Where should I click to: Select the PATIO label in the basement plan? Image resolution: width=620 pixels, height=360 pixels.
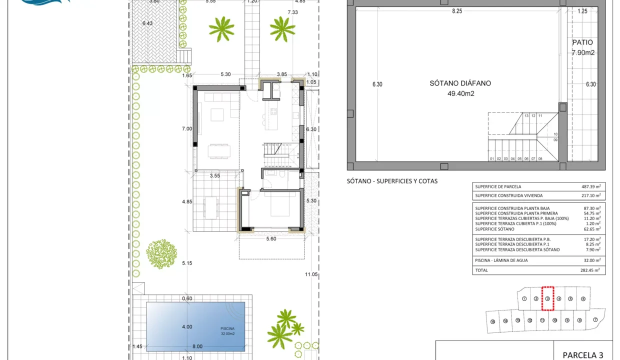pyautogui.click(x=582, y=43)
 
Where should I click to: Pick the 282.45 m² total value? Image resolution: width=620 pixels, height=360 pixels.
pyautogui.click(x=590, y=270)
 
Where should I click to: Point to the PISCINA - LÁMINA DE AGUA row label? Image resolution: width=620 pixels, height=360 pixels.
pyautogui.click(x=501, y=260)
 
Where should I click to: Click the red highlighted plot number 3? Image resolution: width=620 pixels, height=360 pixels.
pyautogui.click(x=547, y=299)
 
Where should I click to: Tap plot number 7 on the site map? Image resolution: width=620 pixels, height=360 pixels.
pyautogui.click(x=595, y=320)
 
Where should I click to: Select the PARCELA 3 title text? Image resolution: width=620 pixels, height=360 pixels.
pyautogui.click(x=583, y=355)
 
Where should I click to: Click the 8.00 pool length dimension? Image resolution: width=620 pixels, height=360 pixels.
pyautogui.click(x=197, y=346)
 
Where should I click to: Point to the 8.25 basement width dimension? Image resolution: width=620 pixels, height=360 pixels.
pyautogui.click(x=457, y=11)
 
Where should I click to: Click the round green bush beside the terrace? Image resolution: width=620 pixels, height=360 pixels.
pyautogui.click(x=161, y=254)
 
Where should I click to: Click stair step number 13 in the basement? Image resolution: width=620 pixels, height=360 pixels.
pyautogui.click(x=526, y=115)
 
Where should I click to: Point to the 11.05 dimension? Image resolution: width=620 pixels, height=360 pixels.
pyautogui.click(x=311, y=274)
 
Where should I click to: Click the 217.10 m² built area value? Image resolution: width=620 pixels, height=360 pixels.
pyautogui.click(x=590, y=195)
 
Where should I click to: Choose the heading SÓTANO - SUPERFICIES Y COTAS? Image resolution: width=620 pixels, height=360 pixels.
pyautogui.click(x=392, y=181)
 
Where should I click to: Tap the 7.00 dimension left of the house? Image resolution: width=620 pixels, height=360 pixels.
pyautogui.click(x=187, y=129)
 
